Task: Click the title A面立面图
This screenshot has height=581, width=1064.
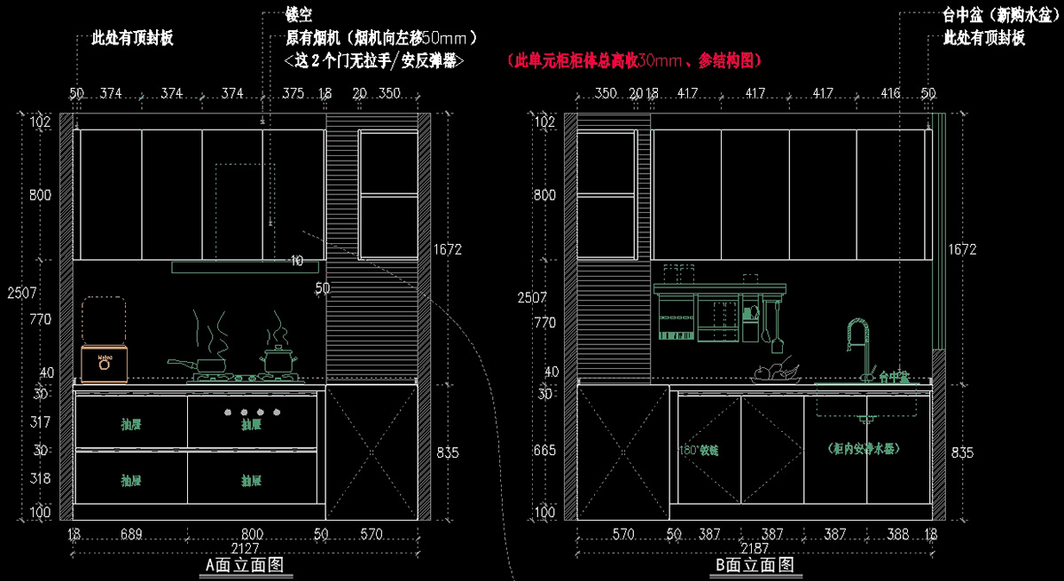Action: click(x=243, y=564)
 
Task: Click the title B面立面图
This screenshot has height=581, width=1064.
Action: click(x=754, y=564)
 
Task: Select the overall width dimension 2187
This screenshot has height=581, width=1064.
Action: click(x=755, y=547)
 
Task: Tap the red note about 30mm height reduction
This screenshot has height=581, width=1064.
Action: click(x=635, y=60)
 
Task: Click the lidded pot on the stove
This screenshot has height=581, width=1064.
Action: click(x=278, y=359)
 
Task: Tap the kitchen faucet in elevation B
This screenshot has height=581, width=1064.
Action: click(x=858, y=346)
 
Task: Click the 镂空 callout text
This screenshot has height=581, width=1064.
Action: click(x=299, y=16)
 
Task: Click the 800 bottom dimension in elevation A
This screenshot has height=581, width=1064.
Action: click(x=253, y=534)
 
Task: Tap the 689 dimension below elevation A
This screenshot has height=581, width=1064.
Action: click(x=131, y=534)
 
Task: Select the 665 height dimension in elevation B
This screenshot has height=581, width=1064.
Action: click(x=544, y=451)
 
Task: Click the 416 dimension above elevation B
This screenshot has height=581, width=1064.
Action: click(x=891, y=93)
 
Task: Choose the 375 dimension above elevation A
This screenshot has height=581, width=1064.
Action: click(x=293, y=93)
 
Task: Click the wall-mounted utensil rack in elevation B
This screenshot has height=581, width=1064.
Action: click(x=720, y=312)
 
